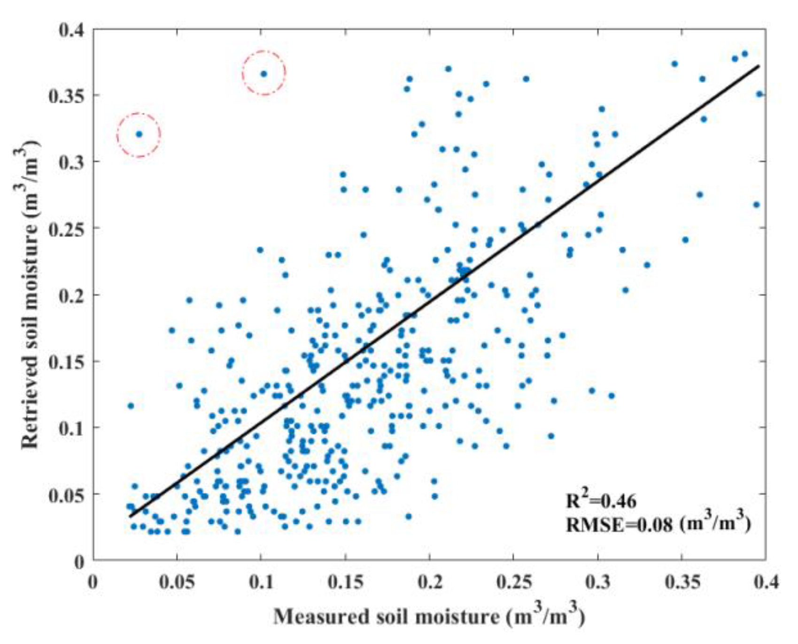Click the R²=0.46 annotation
[x=601, y=501]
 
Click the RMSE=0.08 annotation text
[x=658, y=523]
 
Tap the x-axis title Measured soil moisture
[x=429, y=616]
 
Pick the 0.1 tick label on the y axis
[x=71, y=428]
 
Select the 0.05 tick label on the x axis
[x=177, y=582]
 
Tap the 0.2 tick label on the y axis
[x=71, y=295]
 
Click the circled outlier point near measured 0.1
[x=263, y=74]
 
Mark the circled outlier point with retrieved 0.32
[x=139, y=134]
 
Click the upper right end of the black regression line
[x=759, y=66]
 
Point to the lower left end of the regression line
[x=131, y=517]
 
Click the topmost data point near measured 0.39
[x=744, y=54]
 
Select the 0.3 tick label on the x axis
[x=598, y=582]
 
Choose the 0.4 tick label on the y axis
[x=71, y=30]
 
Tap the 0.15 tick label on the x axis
[x=345, y=582]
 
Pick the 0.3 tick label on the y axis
[x=71, y=162]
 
